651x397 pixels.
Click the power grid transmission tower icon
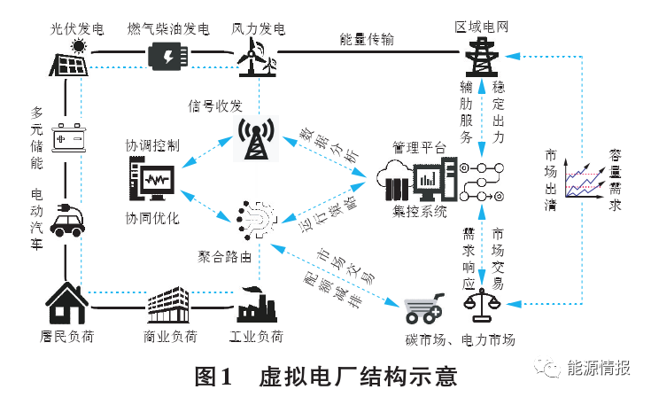tap(481, 58)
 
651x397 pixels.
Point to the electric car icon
tap(69, 220)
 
